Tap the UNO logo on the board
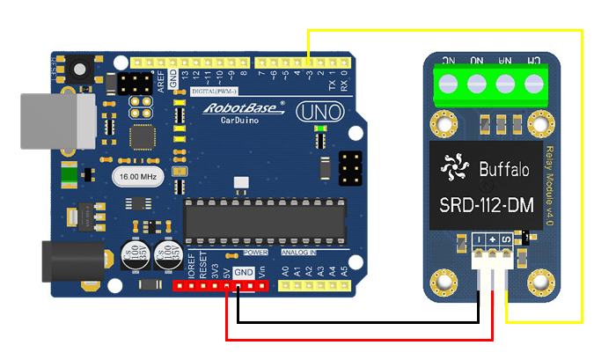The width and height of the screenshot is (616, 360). click(x=312, y=112)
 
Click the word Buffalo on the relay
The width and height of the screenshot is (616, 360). click(x=504, y=168)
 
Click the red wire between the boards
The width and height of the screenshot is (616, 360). click(x=352, y=338)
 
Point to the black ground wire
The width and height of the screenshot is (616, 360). click(x=352, y=320)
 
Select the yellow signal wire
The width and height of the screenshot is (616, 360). click(x=582, y=176)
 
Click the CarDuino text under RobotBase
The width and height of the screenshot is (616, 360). click(x=233, y=121)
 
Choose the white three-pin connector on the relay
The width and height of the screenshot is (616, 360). click(x=495, y=258)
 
